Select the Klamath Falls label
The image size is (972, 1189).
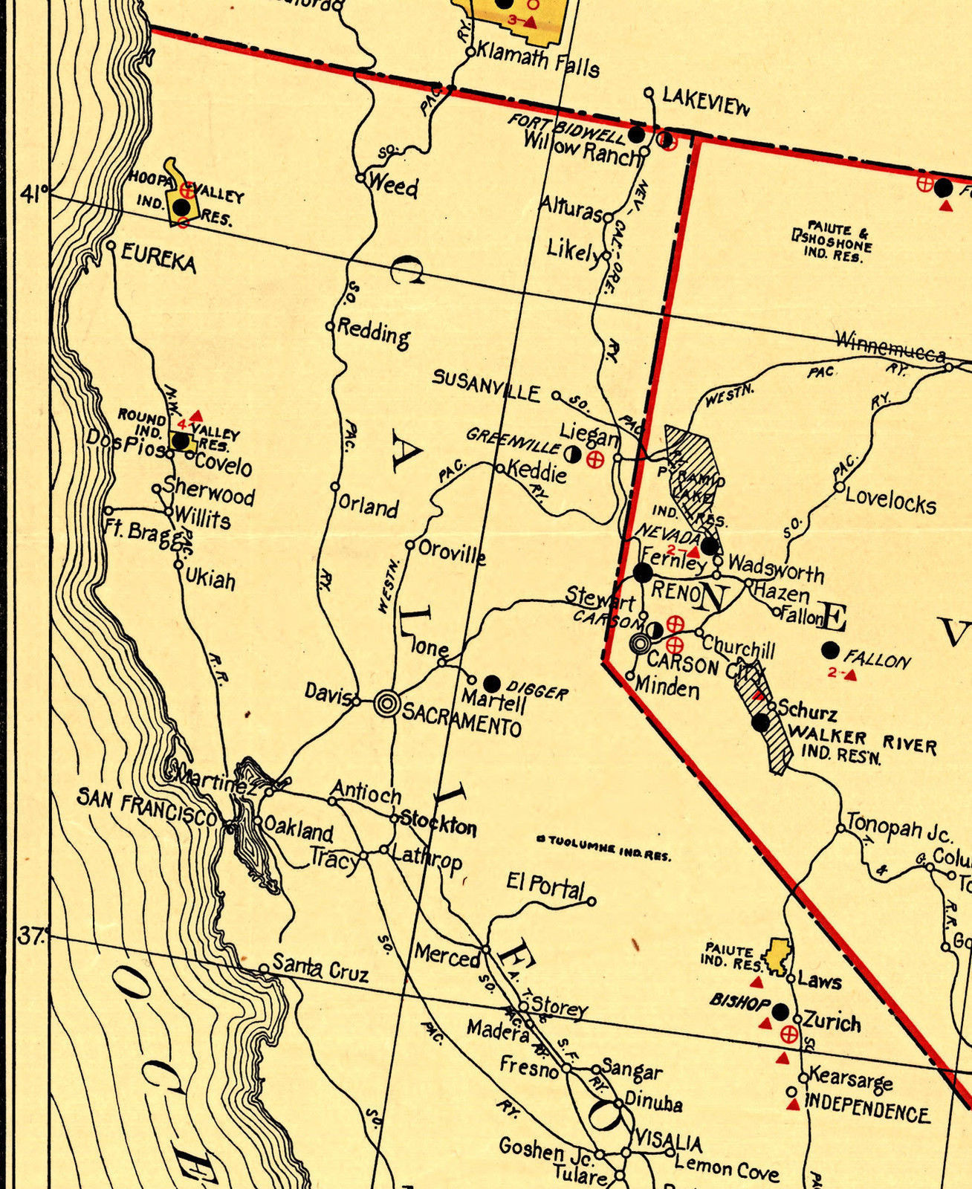[537, 59]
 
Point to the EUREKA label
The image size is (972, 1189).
[158, 260]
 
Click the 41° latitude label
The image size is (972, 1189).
[33, 195]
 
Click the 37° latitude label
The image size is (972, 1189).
[31, 935]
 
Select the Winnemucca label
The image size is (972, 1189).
[890, 346]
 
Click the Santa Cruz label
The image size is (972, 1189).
[320, 968]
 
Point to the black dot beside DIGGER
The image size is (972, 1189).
[492, 683]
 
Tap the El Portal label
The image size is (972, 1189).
[545, 884]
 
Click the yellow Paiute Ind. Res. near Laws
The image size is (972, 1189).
[779, 956]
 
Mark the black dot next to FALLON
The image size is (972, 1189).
[831, 651]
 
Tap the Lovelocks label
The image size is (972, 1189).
[890, 503]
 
